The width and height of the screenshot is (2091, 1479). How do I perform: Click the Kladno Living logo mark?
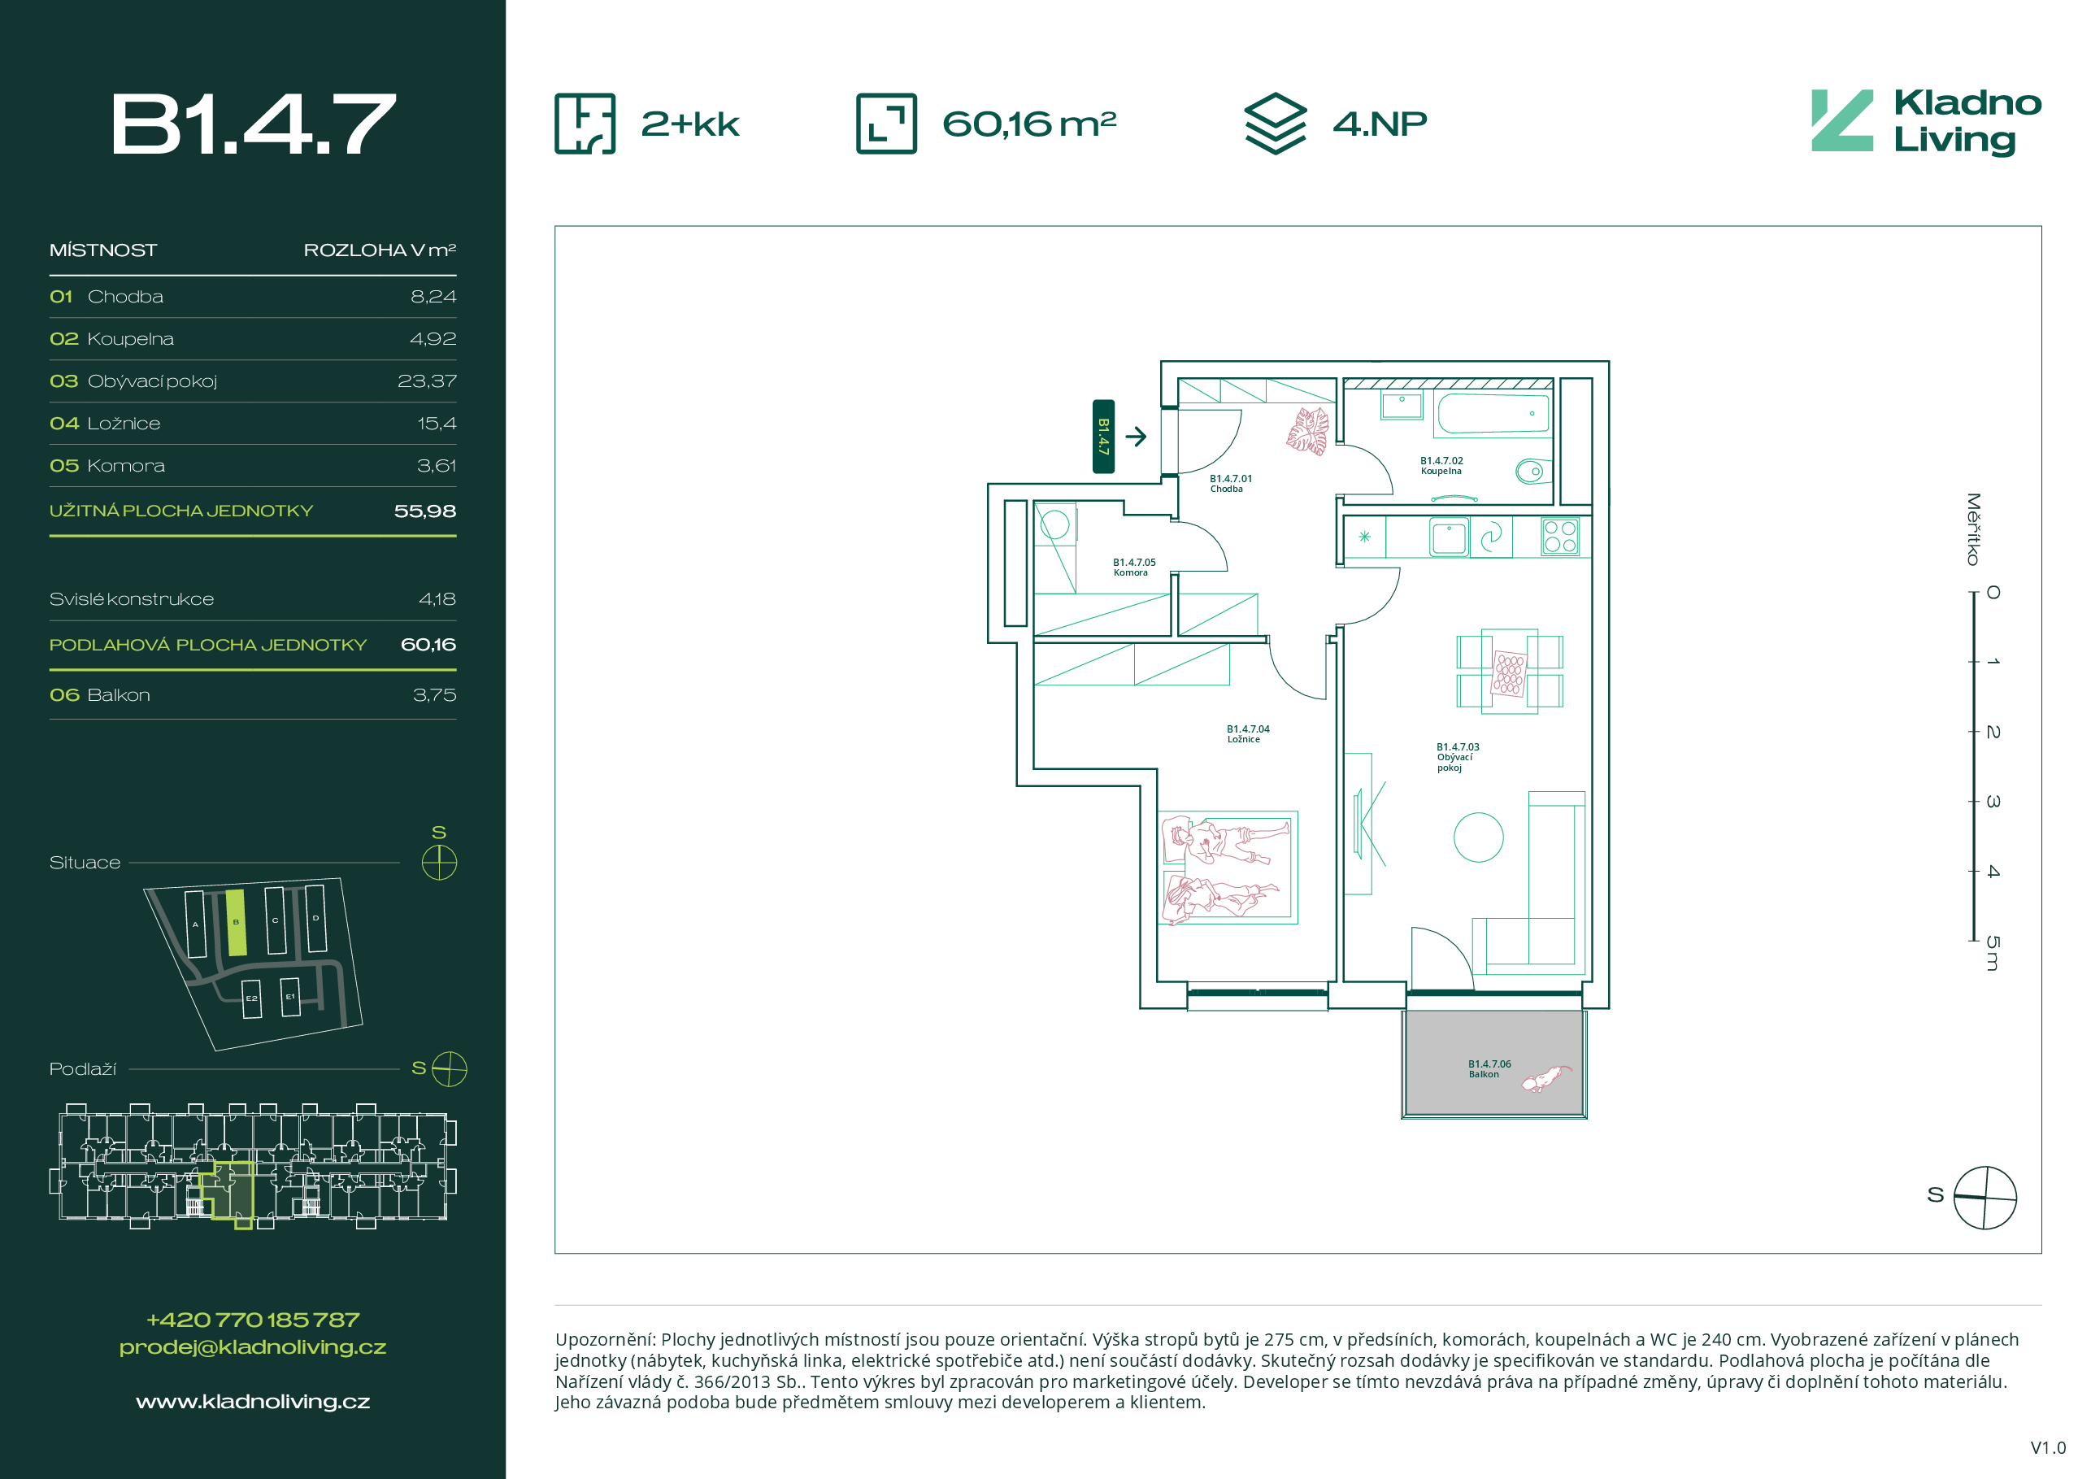(x=1841, y=120)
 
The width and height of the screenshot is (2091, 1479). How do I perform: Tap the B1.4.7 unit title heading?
(x=253, y=124)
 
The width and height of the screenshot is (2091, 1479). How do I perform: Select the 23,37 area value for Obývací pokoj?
(x=426, y=381)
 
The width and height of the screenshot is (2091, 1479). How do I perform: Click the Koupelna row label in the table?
(x=130, y=339)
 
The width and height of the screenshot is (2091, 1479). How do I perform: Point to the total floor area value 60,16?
(x=428, y=645)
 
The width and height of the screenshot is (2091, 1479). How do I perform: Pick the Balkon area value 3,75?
(x=434, y=695)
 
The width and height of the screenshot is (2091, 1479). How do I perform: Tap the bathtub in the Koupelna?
(x=1493, y=414)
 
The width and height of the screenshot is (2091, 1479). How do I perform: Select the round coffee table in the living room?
(x=1478, y=837)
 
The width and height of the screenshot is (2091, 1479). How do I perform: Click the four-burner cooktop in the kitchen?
(x=1560, y=537)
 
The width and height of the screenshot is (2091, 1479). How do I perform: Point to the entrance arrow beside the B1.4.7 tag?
(x=1136, y=437)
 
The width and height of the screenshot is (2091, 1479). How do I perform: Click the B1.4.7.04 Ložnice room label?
(x=1248, y=734)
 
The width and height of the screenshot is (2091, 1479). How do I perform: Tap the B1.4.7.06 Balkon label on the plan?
(x=1489, y=1069)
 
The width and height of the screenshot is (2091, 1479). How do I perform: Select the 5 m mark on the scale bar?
(x=1993, y=953)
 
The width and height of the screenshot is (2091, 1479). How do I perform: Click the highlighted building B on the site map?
(x=236, y=923)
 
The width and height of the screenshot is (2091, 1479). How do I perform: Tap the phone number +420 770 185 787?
(x=253, y=1320)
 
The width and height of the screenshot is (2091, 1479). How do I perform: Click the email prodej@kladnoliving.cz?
(x=253, y=1347)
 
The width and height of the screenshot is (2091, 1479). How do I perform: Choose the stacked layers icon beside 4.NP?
(x=1275, y=124)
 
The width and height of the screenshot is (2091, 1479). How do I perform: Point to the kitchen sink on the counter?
(x=1448, y=537)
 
